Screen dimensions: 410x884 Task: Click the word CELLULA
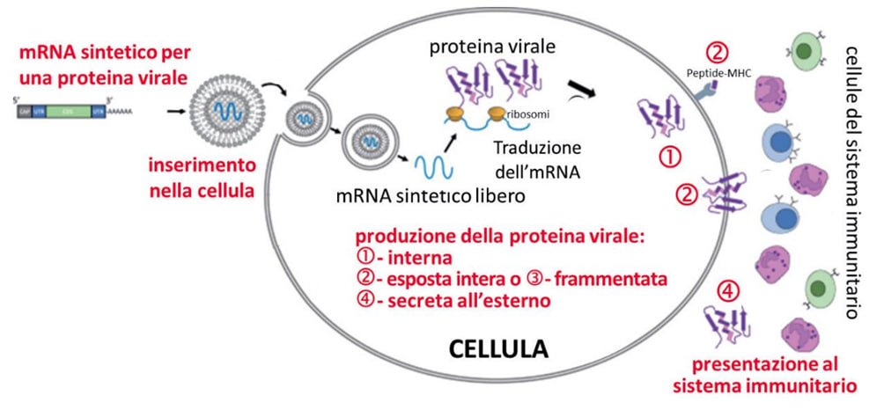(x=498, y=348)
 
